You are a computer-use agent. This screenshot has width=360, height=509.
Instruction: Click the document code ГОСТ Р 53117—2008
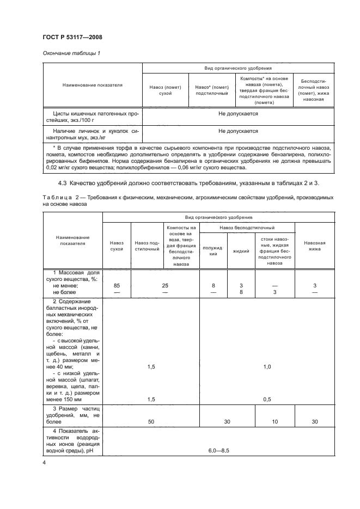pos(72,37)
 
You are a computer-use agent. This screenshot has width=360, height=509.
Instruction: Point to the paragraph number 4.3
pos(64,184)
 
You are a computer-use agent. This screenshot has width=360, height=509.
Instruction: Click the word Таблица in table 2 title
pos(57,197)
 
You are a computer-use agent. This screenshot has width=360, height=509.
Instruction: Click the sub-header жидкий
pos(241,251)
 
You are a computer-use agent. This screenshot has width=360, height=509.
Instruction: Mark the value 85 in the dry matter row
pos(116,286)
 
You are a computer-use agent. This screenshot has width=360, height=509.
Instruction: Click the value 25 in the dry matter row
pos(164,286)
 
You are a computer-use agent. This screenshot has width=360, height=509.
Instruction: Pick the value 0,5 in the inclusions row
pos(267,399)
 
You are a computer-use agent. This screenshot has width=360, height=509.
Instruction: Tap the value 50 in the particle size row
pos(151,421)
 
